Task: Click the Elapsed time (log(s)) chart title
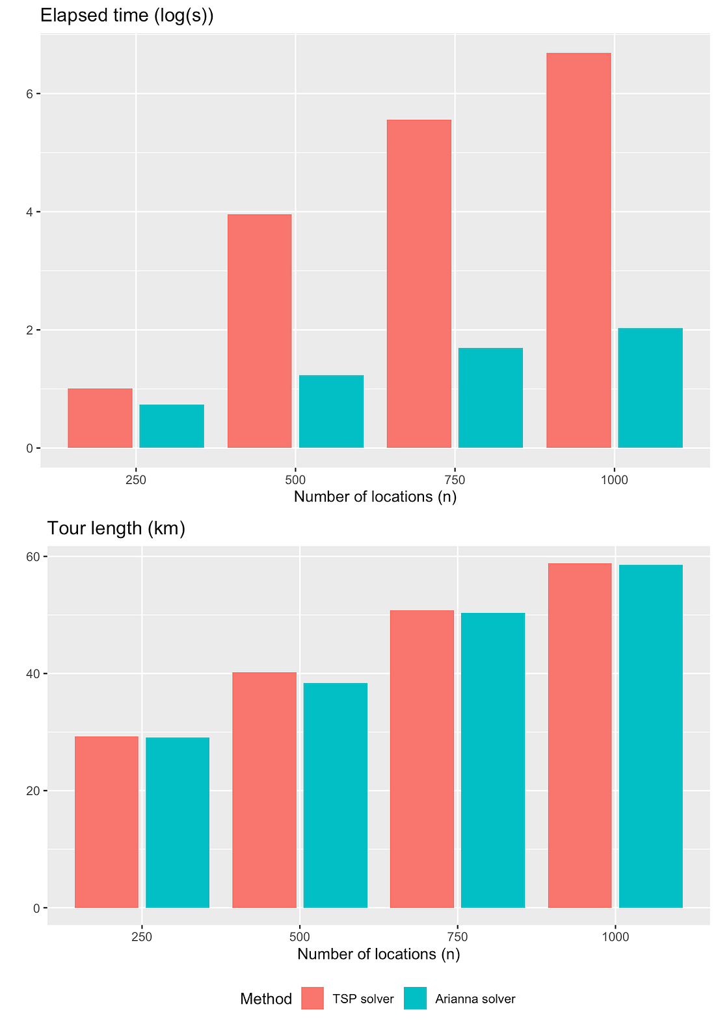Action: (127, 16)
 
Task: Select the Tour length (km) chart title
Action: (116, 528)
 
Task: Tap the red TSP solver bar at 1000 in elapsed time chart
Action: (578, 250)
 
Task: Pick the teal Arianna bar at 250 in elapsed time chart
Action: (172, 426)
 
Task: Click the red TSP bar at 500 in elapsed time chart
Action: (259, 331)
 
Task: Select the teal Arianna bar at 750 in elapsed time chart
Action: (490, 398)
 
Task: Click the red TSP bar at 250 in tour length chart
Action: (107, 822)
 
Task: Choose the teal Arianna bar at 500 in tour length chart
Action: (335, 795)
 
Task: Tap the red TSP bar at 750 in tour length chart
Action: (421, 759)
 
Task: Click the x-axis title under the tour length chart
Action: (379, 954)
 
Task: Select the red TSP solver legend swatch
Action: (312, 998)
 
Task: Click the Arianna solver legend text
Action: (475, 999)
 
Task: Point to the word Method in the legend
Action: (265, 999)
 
